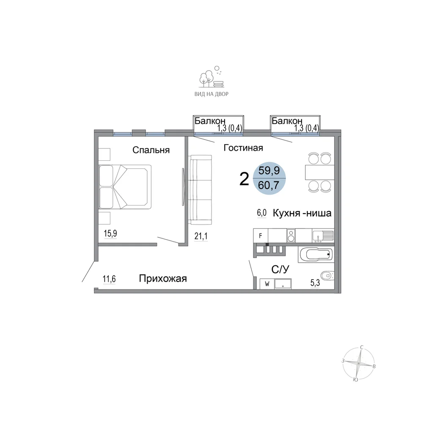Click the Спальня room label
[151, 150]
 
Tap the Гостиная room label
[243, 148]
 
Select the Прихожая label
[163, 278]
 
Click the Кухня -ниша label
[302, 213]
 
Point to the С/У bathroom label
[280, 269]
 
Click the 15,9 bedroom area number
[110, 233]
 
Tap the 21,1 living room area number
[201, 236]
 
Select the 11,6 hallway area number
[109, 279]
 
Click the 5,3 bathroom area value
[315, 283]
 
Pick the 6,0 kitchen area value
[262, 213]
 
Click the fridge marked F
[261, 236]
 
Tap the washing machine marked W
[267, 284]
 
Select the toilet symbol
[328, 276]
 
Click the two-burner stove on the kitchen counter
[291, 236]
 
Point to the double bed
[125, 187]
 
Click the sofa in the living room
[200, 190]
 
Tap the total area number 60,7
[269, 185]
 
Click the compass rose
[359, 363]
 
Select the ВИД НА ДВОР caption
[211, 94]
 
